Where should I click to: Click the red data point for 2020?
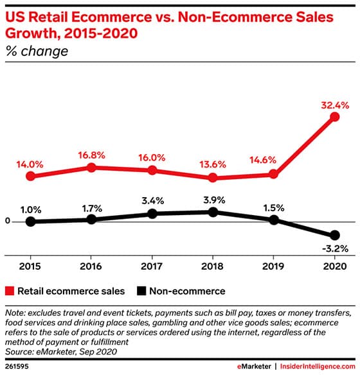pos(334,117)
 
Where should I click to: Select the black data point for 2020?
pos(334,235)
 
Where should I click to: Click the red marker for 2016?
pos(91,167)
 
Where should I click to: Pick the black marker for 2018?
pos(213,211)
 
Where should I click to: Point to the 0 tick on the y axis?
pos(8,222)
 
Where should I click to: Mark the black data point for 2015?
pos(30,222)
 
